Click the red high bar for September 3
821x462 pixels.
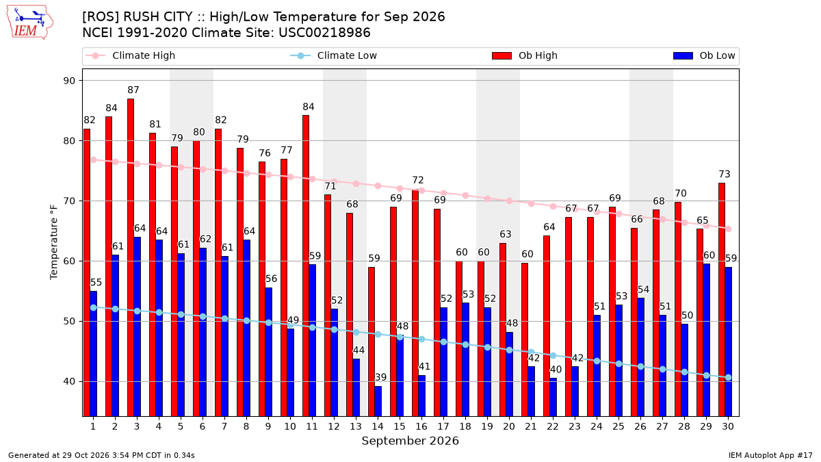click(131, 257)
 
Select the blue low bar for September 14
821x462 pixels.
click(378, 401)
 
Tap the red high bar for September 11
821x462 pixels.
click(306, 266)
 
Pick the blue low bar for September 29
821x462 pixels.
click(706, 340)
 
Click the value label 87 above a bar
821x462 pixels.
click(133, 90)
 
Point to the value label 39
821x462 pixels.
click(381, 377)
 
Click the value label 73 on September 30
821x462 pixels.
click(725, 174)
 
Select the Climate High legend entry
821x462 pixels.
click(131, 55)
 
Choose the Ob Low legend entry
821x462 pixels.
click(704, 55)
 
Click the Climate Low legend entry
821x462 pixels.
click(334, 55)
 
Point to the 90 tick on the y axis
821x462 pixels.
click(69, 81)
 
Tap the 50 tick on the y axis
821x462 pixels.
click(69, 321)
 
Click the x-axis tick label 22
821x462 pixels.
click(553, 426)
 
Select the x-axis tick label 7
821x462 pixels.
click(224, 426)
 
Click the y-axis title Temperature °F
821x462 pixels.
click(54, 242)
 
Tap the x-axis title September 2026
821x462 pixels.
click(410, 441)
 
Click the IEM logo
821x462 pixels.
click(30, 23)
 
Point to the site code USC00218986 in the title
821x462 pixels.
click(324, 33)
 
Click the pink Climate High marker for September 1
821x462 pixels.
click(94, 160)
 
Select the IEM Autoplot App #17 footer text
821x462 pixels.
click(770, 455)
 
